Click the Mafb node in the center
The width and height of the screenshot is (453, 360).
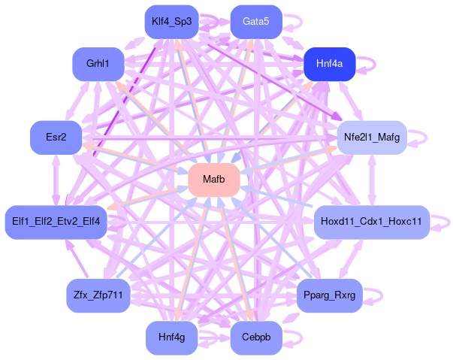pos(213,180)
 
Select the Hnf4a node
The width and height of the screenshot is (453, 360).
pos(329,64)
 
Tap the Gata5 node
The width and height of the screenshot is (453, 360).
pos(255,22)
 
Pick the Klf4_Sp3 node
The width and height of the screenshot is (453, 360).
pos(171,22)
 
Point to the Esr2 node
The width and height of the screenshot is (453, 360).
pos(56,138)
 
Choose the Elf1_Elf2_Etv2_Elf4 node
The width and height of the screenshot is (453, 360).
pos(56,222)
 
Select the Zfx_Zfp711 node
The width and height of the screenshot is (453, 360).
pos(98,295)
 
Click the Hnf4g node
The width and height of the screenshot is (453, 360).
pos(171,337)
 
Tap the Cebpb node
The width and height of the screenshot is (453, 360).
pos(255,337)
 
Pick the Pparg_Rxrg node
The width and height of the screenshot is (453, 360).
pos(329,295)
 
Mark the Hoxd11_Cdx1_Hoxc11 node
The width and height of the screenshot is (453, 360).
pos(371,222)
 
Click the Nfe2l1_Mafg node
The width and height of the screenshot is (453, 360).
pos(371,138)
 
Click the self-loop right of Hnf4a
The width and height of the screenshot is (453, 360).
pos(370,64)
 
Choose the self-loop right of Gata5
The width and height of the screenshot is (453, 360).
pos(295,22)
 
